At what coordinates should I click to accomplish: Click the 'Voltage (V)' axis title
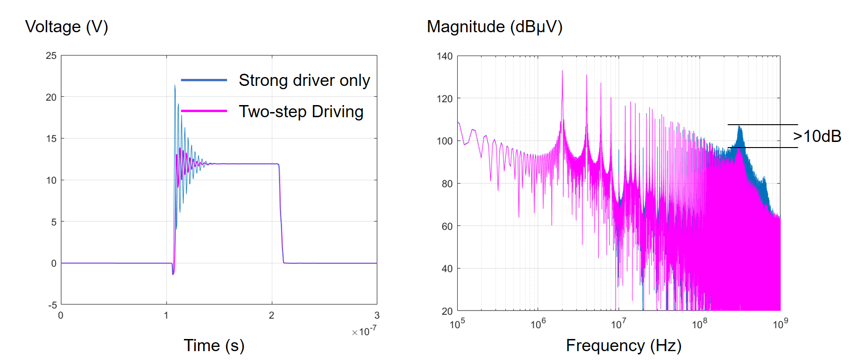point(66,27)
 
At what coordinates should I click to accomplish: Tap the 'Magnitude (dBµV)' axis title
point(494,27)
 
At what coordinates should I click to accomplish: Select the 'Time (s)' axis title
point(214,346)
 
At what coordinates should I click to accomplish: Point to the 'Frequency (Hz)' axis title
point(624,346)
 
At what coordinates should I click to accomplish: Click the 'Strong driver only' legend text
point(304,80)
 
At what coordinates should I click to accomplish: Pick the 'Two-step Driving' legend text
point(301,112)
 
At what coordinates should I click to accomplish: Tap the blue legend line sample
point(204,80)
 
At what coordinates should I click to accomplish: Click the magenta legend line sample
point(204,111)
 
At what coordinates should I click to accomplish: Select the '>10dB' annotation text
point(817,136)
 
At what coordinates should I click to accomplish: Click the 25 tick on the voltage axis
point(51,56)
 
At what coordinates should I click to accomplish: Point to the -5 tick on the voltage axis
point(52,305)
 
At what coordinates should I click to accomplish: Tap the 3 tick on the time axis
point(376,316)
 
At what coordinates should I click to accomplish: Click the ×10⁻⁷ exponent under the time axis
point(364,332)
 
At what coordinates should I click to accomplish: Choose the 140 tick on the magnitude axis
point(445,56)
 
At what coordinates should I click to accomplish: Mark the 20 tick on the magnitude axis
point(447,311)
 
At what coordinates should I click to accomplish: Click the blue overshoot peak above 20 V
point(175,86)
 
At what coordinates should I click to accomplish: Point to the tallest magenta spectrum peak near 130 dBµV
point(562,71)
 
